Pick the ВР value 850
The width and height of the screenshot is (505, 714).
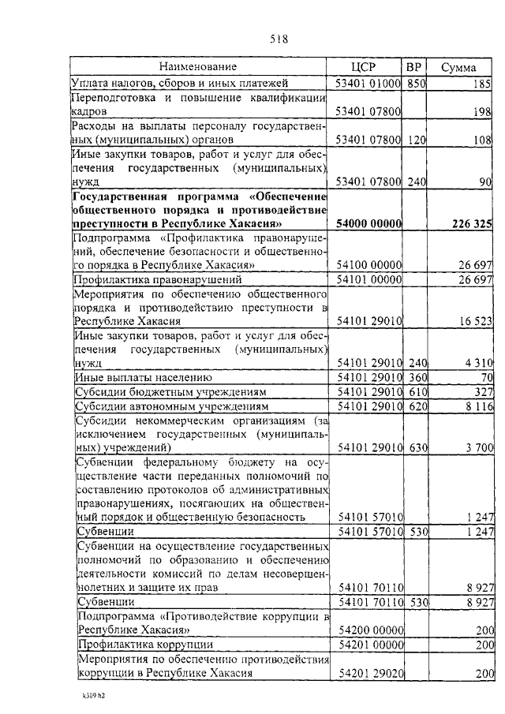tap(416, 83)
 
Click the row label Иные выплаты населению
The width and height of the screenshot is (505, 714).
tap(139, 377)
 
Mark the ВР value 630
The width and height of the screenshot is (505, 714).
tap(416, 447)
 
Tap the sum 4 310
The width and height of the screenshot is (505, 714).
tap(477, 362)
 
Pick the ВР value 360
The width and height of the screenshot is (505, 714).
tap(416, 377)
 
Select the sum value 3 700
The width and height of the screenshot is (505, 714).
tap(477, 447)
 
